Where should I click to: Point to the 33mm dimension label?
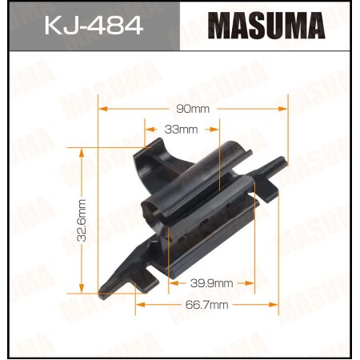click(x=182, y=128)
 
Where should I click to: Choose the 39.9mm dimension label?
click(x=212, y=282)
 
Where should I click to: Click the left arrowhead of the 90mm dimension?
click(x=102, y=108)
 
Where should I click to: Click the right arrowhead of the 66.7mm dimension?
click(x=276, y=305)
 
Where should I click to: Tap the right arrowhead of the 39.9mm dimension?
click(x=254, y=282)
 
